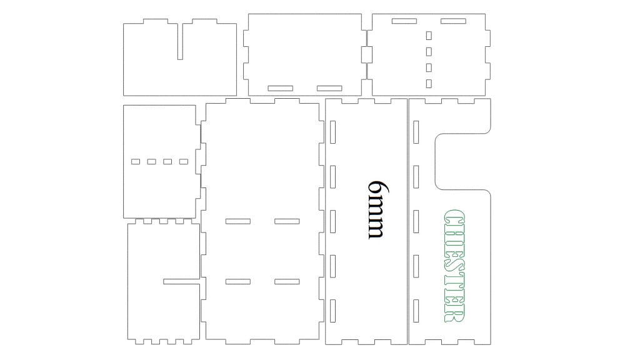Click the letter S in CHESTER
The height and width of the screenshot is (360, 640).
coord(454,267)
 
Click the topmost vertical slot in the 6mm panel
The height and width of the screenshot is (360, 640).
coord(332,132)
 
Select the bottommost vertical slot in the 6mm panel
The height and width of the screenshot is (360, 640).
coord(332,311)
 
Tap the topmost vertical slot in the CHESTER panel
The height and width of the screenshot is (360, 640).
coord(416,132)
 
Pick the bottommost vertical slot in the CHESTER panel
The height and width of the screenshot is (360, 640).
coord(416,311)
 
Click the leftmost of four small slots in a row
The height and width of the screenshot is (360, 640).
coord(136,162)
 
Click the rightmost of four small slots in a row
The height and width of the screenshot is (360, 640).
coord(184,162)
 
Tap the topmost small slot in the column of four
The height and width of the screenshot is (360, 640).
coord(429,36)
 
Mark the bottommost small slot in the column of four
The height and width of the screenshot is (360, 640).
coord(429,84)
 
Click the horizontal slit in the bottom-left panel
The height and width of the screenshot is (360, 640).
coord(182,282)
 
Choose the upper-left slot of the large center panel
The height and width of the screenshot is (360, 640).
coord(238,222)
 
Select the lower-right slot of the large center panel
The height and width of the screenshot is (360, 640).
coord(287,282)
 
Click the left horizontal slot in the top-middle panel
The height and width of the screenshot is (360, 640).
coord(281,88)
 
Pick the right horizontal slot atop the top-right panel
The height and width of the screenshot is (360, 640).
coord(454,21)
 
